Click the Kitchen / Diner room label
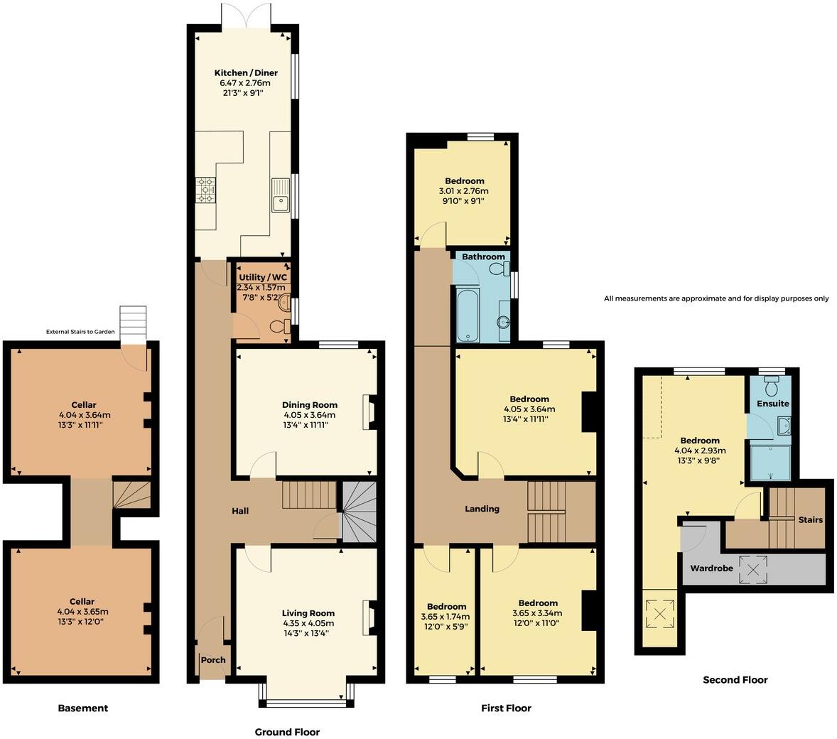pyautogui.click(x=246, y=73)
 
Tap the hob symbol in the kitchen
pyautogui.click(x=205, y=190)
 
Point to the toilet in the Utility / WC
pyautogui.click(x=283, y=326)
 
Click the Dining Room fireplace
pyautogui.click(x=369, y=412)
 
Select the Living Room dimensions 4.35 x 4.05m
pyautogui.click(x=308, y=623)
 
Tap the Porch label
pyautogui.click(x=212, y=660)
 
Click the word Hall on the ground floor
pyautogui.click(x=239, y=511)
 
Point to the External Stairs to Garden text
pyautogui.click(x=80, y=332)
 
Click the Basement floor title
pyautogui.click(x=83, y=708)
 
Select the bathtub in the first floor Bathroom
pyautogui.click(x=467, y=314)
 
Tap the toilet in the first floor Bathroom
pyautogui.click(x=503, y=268)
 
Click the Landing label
pyautogui.click(x=482, y=509)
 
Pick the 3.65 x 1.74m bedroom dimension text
pyautogui.click(x=446, y=616)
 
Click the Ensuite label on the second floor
pyautogui.click(x=772, y=404)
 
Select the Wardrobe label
pyautogui.click(x=712, y=568)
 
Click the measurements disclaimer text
pyautogui.click(x=716, y=298)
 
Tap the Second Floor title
pyautogui.click(x=735, y=679)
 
